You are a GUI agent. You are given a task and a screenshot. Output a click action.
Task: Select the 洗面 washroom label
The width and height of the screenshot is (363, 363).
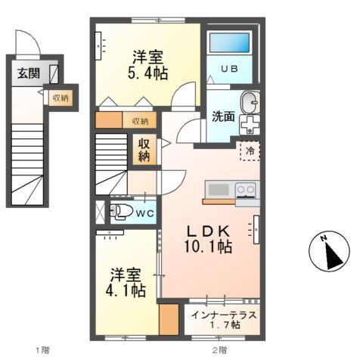[222, 117]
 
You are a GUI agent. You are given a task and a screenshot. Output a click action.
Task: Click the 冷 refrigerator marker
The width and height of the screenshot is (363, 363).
[249, 150]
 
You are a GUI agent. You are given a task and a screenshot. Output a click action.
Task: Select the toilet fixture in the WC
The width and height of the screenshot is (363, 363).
[119, 211]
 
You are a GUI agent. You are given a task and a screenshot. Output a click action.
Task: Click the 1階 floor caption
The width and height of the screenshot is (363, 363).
[42, 350]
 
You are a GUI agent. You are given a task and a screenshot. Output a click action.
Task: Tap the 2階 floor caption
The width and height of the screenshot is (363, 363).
[219, 350]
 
